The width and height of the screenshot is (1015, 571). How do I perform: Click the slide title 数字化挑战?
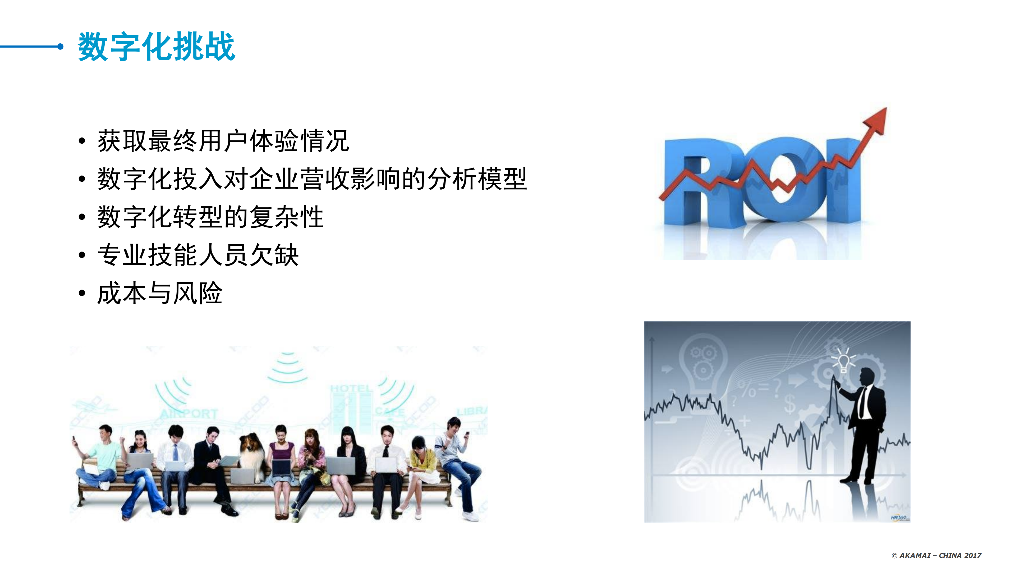(157, 47)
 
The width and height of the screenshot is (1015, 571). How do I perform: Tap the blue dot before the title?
(60, 47)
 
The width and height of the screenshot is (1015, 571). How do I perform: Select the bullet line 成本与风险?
(160, 293)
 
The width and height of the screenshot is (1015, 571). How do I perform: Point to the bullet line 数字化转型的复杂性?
(210, 217)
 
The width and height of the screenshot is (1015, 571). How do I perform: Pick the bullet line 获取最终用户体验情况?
(223, 141)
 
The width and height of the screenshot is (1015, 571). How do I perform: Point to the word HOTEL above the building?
(351, 389)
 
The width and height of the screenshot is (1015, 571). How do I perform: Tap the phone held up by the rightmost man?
(467, 434)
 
